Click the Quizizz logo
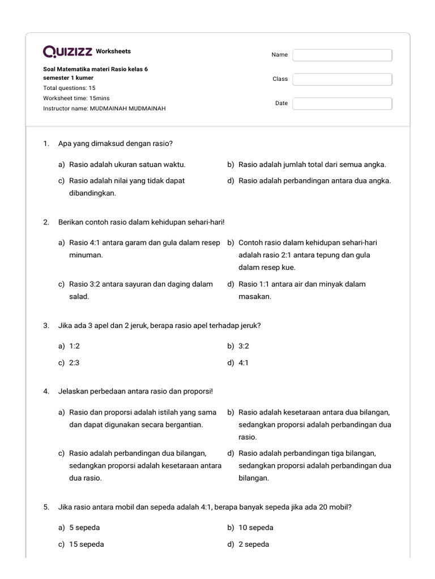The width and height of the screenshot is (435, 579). pyautogui.click(x=67, y=52)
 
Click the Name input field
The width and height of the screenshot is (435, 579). pyautogui.click(x=342, y=55)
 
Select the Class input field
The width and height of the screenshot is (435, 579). pyautogui.click(x=342, y=79)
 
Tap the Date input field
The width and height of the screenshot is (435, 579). pyautogui.click(x=342, y=103)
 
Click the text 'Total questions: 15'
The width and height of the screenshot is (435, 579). pyautogui.click(x=69, y=88)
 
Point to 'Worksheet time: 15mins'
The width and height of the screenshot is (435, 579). pyautogui.click(x=76, y=98)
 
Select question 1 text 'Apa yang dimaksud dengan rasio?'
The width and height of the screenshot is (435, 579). pyautogui.click(x=115, y=144)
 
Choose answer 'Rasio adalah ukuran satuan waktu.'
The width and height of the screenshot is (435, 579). pyautogui.click(x=127, y=165)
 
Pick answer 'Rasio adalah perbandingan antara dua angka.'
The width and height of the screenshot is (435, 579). pyautogui.click(x=314, y=181)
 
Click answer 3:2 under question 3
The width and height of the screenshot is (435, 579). pyautogui.click(x=244, y=345)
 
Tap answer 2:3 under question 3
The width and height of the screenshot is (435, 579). pyautogui.click(x=74, y=363)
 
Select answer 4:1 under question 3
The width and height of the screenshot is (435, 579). pyautogui.click(x=244, y=363)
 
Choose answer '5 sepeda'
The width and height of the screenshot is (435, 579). pyautogui.click(x=84, y=528)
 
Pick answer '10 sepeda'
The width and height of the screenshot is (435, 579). pyautogui.click(x=255, y=528)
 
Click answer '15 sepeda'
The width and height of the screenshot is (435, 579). pyautogui.click(x=86, y=544)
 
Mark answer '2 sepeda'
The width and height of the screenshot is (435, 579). pyautogui.click(x=254, y=544)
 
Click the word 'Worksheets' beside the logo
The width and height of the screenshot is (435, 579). pyautogui.click(x=113, y=51)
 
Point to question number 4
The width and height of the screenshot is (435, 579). pyautogui.click(x=46, y=391)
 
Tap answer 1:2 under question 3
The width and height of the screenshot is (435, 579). pyautogui.click(x=74, y=345)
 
